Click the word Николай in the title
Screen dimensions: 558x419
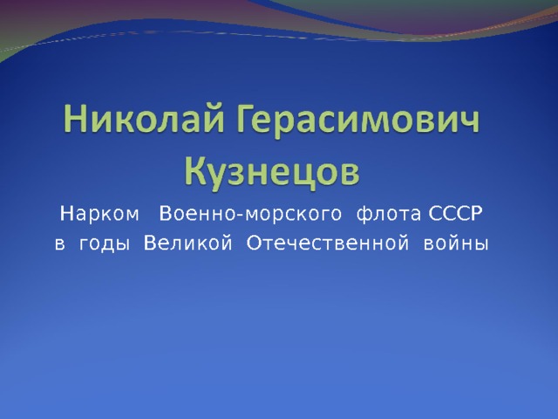click(145, 117)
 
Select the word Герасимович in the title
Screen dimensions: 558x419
click(358, 120)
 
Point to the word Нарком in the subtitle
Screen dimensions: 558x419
click(99, 214)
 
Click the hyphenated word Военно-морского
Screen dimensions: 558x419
click(250, 214)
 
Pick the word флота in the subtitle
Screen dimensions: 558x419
click(389, 214)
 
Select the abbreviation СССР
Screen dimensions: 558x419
click(455, 213)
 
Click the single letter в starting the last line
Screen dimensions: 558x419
click(60, 244)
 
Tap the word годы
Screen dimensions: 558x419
click(104, 244)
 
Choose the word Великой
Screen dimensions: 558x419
click(188, 244)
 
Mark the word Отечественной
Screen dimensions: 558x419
click(328, 244)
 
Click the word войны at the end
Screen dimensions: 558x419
click(456, 244)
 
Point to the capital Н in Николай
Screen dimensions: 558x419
click(77, 118)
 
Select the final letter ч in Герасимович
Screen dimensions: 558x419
click(469, 122)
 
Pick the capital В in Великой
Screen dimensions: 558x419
click(150, 244)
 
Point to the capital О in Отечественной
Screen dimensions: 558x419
click(254, 244)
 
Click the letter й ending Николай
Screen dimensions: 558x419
click(214, 118)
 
